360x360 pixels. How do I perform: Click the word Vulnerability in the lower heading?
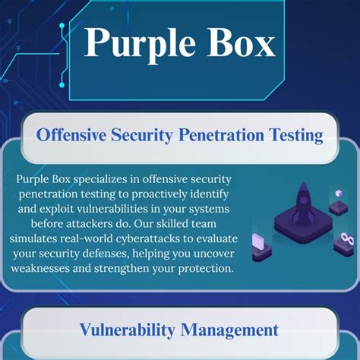click(126, 330)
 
